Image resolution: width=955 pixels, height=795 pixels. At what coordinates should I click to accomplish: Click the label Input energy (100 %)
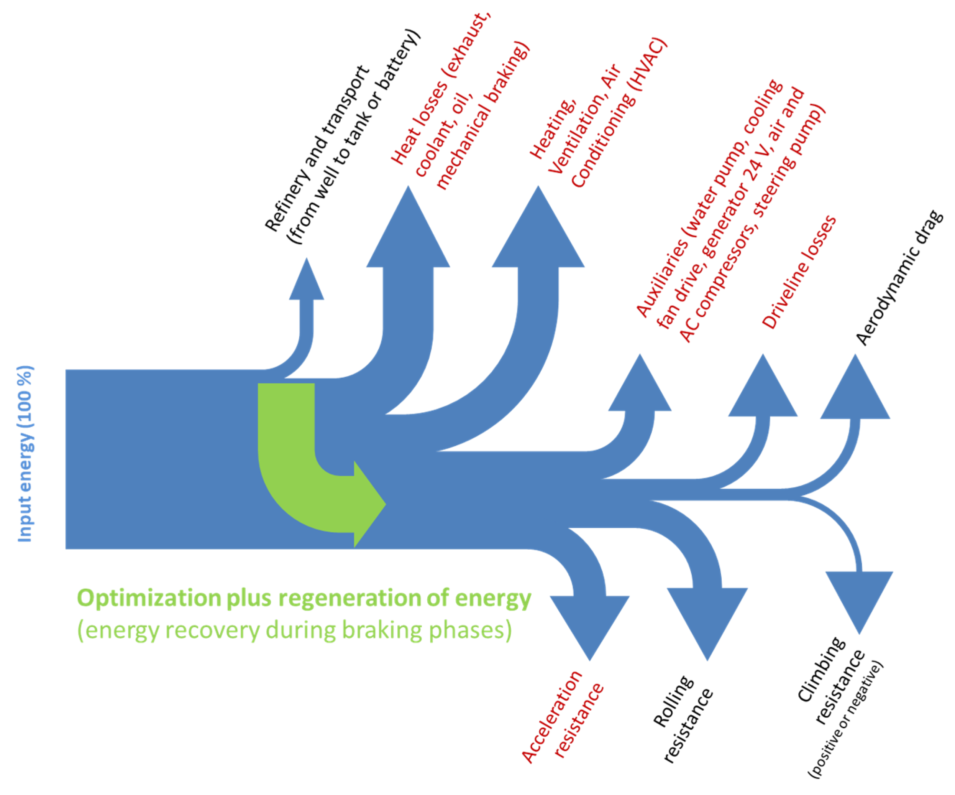25,455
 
